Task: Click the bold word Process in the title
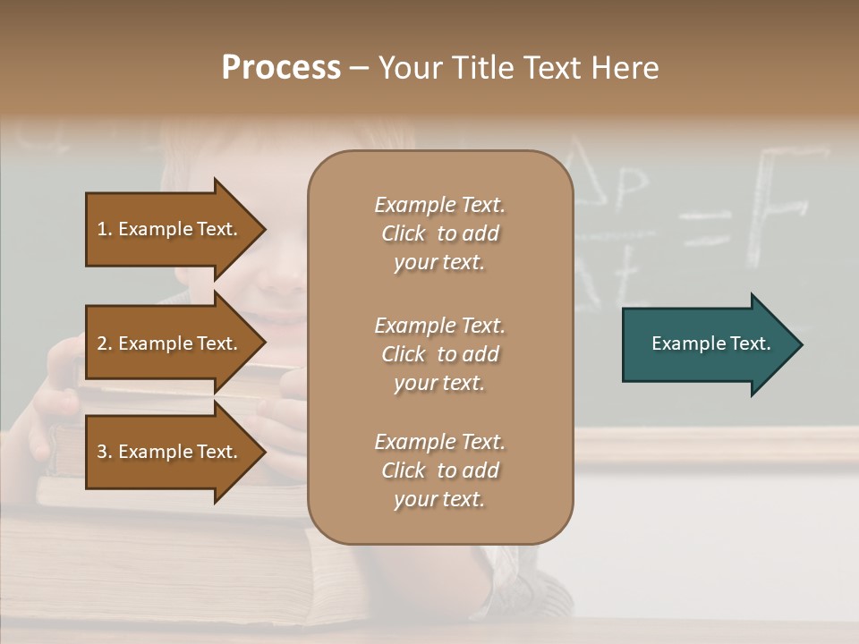click(281, 68)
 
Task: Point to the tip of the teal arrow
click(801, 344)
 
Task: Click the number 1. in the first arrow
click(105, 229)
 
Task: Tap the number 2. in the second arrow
click(105, 343)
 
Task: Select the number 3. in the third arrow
click(105, 452)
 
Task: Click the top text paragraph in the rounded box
click(439, 233)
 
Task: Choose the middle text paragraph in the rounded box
click(439, 354)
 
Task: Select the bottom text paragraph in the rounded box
click(439, 470)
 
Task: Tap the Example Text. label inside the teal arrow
click(711, 343)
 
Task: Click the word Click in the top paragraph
click(404, 233)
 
